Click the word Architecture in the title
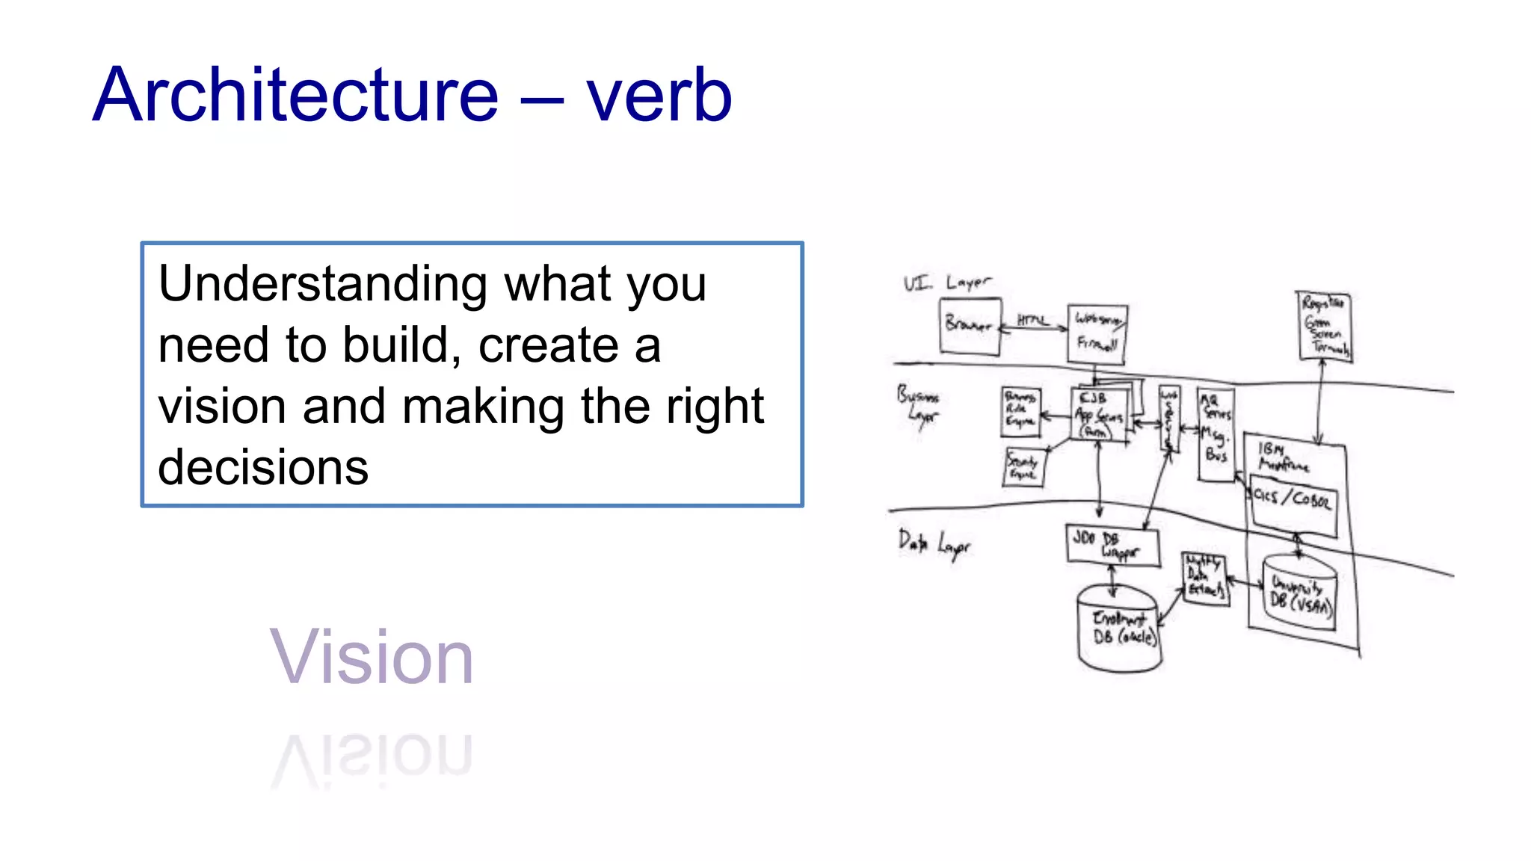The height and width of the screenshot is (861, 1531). (295, 95)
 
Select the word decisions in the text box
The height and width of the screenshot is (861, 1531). (262, 468)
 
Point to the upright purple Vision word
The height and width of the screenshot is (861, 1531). (371, 658)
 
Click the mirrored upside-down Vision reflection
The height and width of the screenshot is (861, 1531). (371, 756)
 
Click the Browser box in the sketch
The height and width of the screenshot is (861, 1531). (970, 325)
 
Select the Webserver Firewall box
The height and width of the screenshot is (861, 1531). (1097, 333)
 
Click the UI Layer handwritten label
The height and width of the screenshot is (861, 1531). (946, 283)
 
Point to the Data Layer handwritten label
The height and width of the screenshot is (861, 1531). (934, 544)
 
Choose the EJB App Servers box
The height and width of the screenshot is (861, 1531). (1098, 416)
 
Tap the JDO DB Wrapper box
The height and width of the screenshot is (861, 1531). (1112, 545)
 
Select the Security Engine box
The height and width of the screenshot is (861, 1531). (1023, 467)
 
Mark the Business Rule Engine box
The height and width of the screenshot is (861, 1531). (1020, 411)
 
